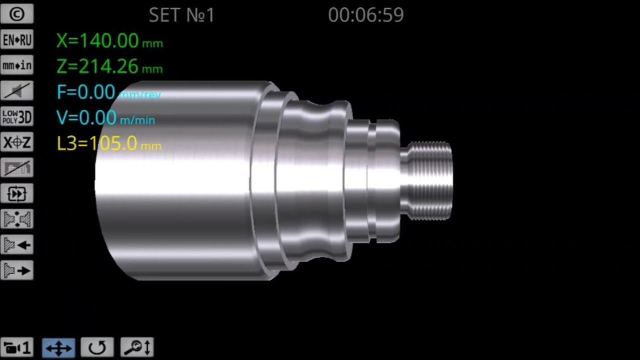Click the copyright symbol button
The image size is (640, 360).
coord(17,14)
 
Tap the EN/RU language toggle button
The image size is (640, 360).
coord(17,40)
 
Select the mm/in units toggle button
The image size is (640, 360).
coord(17,65)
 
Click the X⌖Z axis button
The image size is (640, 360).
coord(17,142)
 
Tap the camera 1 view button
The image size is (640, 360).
coord(17,347)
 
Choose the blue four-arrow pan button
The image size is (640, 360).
coord(58,347)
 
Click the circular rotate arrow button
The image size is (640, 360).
coord(97,347)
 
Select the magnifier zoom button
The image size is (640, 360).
coord(136,347)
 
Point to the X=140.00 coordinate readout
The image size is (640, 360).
coord(109,41)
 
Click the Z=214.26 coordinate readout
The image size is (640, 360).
coord(109,66)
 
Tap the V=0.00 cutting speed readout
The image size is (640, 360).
coord(105,118)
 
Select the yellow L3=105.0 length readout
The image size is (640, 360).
coord(108,144)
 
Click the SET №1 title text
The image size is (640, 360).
coord(181,15)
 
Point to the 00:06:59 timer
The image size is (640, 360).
coord(365,15)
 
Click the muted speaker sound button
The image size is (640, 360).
coord(17,91)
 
